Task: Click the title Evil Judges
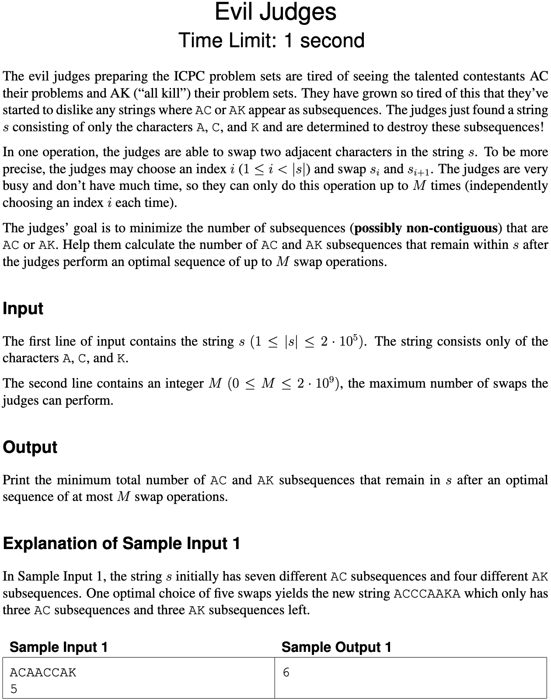[x=275, y=12]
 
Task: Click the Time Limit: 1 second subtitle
[x=272, y=41]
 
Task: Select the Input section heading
[x=23, y=308]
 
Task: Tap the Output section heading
[x=30, y=447]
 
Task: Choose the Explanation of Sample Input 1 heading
[x=122, y=543]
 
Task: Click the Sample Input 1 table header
[x=59, y=647]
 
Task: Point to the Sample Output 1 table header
[x=336, y=647]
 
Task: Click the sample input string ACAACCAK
[x=43, y=672]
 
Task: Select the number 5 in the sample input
[x=14, y=689]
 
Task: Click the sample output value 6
[x=286, y=672]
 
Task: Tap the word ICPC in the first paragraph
[x=190, y=77]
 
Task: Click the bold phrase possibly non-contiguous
[x=426, y=228]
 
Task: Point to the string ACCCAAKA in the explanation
[x=427, y=594]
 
